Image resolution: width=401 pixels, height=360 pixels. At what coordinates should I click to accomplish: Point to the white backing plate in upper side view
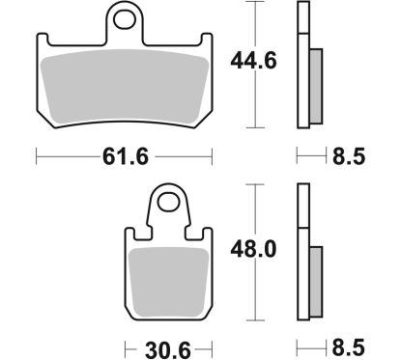[302, 68]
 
